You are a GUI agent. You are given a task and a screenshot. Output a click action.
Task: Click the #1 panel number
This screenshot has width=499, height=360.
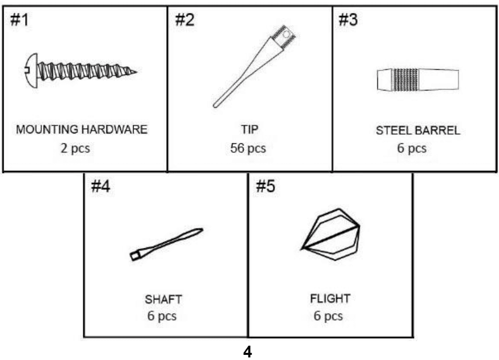point(19,20)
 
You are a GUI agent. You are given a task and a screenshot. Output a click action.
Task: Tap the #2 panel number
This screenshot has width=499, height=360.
point(185,20)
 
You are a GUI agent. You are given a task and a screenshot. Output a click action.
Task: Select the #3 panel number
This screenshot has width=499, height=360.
point(348,20)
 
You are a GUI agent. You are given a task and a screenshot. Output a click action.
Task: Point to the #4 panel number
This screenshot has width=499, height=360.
point(100,186)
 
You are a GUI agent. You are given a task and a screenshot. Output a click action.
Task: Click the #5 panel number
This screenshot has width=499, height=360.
point(266,186)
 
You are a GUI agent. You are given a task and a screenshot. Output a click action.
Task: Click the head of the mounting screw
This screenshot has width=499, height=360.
point(31,70)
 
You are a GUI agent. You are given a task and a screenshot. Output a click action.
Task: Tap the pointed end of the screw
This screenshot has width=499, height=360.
point(136,72)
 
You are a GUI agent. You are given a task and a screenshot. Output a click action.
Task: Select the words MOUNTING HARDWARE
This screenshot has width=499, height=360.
point(82,130)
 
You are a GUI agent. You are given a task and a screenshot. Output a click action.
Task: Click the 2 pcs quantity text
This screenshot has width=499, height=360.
point(75,149)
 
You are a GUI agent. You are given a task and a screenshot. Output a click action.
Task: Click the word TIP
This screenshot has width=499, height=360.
point(250,130)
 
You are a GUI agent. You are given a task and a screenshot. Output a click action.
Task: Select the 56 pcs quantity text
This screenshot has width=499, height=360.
point(248,149)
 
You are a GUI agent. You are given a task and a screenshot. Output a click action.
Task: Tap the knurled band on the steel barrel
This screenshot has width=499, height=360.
point(406,79)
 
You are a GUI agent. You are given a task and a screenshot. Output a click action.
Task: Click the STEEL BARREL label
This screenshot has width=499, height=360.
point(418,131)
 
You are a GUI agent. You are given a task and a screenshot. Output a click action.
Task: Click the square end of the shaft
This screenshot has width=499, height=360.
point(136,256)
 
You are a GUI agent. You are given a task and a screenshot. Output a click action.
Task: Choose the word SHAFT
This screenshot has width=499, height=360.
point(164,300)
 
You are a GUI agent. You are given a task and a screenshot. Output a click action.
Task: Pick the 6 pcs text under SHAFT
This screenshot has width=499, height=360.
point(162,316)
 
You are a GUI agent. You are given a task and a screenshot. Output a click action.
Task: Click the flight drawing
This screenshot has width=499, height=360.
point(330,234)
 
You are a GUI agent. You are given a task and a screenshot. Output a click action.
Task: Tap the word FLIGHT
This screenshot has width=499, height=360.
point(330,299)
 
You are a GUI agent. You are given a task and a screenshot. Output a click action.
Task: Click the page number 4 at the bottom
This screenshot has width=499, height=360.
point(248,352)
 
